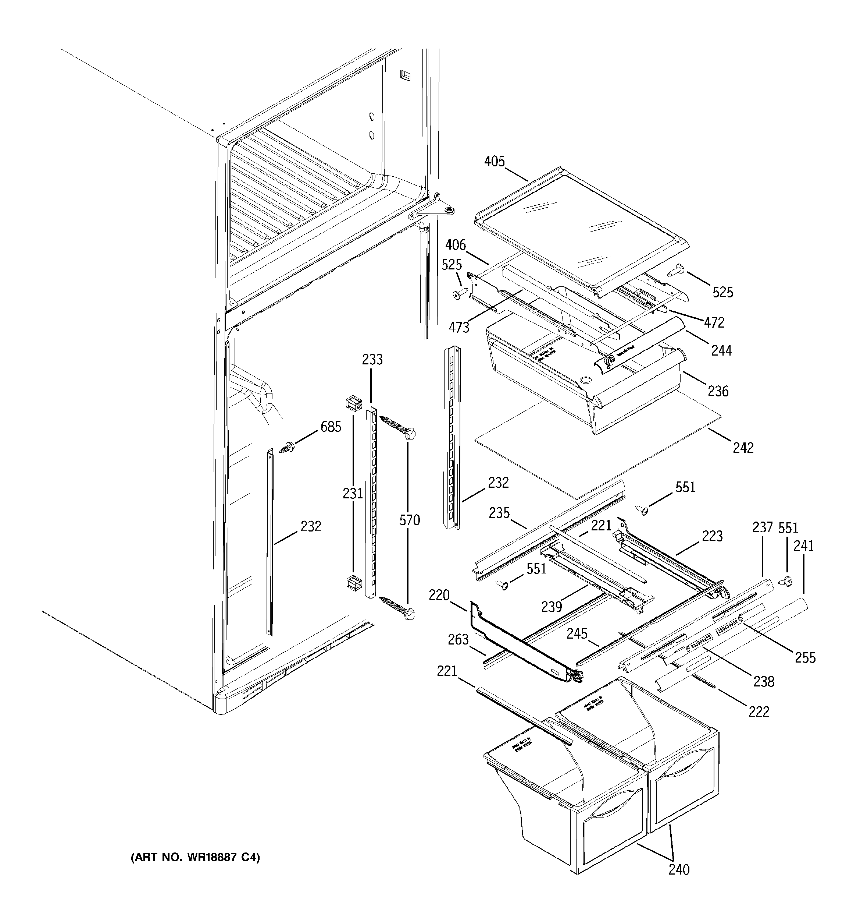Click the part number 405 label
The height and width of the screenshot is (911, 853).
click(x=495, y=161)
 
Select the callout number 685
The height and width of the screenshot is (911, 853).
click(x=331, y=427)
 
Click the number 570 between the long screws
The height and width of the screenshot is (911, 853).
click(x=409, y=520)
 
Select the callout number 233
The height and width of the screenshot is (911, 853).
click(x=372, y=360)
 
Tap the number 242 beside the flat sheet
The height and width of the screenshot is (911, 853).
click(x=743, y=447)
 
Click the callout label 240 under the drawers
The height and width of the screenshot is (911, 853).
click(x=679, y=882)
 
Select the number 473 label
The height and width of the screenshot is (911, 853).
click(x=459, y=327)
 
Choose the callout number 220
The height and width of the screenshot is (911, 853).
click(x=439, y=595)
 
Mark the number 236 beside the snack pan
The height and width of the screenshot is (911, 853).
click(x=718, y=391)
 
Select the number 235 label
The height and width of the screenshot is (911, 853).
click(x=499, y=513)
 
